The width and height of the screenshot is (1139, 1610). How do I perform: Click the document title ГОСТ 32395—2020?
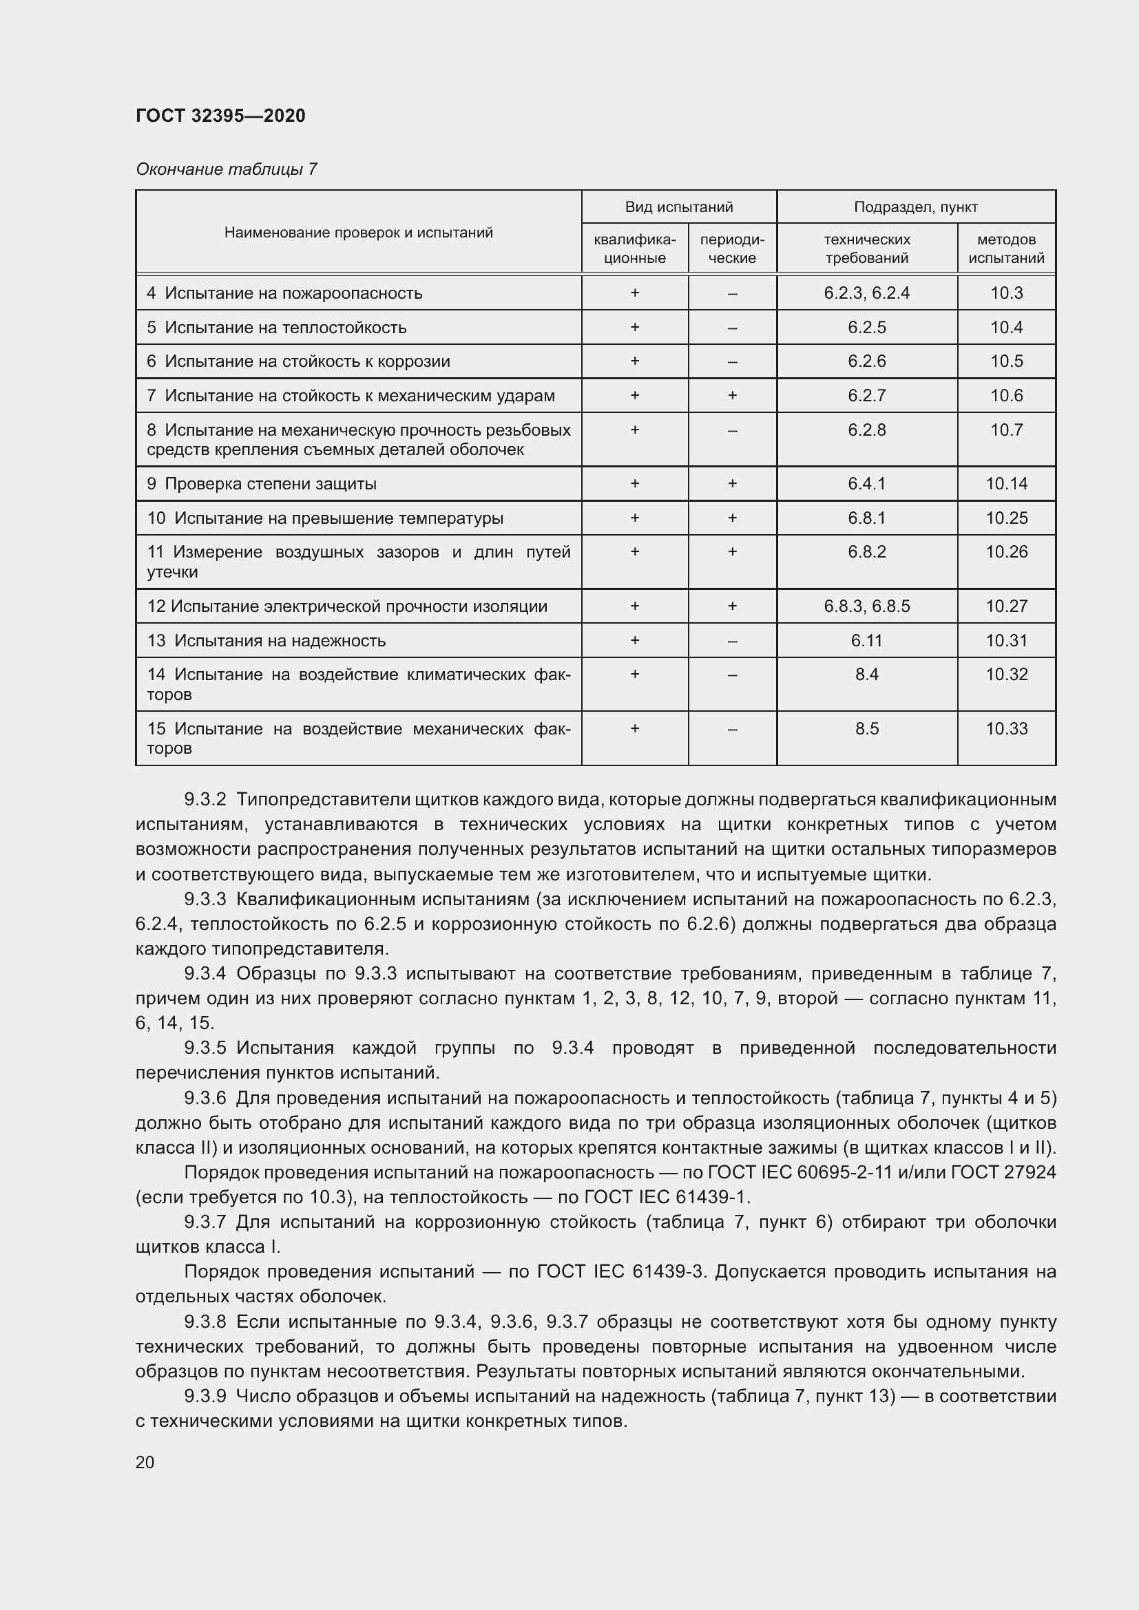[x=220, y=116]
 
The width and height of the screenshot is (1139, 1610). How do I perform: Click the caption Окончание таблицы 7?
[x=226, y=169]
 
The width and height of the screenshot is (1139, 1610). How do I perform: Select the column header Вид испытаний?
[x=678, y=207]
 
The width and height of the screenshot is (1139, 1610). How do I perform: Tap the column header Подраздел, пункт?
[x=915, y=207]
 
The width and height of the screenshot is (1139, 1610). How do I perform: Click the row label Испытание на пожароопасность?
[x=293, y=293]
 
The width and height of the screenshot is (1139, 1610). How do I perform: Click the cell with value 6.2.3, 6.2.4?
[x=866, y=293]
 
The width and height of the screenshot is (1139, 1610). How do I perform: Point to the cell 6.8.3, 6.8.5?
[x=866, y=606]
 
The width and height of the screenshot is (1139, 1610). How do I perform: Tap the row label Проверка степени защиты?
[x=270, y=484]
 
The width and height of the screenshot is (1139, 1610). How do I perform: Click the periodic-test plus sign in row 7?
[x=731, y=396]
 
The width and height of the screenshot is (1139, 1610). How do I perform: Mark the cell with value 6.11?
[x=866, y=641]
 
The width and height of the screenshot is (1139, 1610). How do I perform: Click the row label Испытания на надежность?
[x=279, y=641]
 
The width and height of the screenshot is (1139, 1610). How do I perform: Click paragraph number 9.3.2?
[x=205, y=800]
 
